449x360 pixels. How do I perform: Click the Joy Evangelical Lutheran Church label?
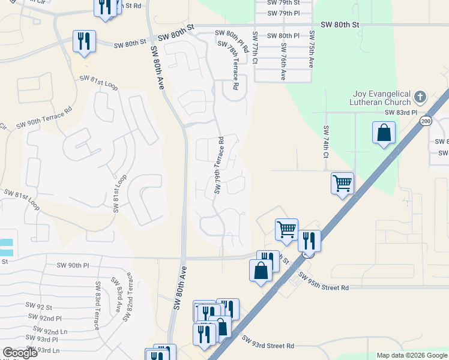click(381, 98)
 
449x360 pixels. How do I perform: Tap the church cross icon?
click(420, 95)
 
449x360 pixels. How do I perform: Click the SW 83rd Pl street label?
click(401, 112)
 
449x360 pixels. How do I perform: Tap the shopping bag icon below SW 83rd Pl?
click(384, 133)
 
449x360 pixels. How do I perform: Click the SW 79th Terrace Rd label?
click(219, 166)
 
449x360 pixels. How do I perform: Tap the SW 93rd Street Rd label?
click(268, 342)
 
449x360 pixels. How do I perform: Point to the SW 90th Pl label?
click(73, 265)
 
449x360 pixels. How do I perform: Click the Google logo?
click(20, 353)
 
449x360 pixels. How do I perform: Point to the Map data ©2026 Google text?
click(411, 355)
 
